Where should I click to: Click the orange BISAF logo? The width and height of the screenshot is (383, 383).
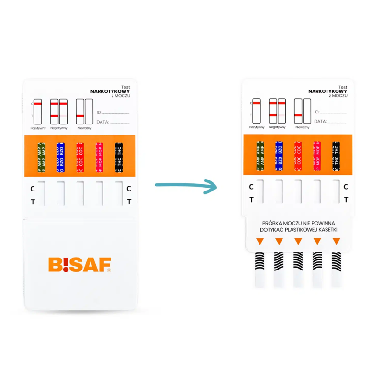click(x=79, y=265)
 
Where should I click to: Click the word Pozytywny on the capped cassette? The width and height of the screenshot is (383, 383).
click(x=38, y=128)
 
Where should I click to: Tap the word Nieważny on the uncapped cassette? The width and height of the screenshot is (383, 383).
click(x=302, y=127)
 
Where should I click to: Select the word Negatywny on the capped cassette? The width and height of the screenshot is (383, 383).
click(x=59, y=128)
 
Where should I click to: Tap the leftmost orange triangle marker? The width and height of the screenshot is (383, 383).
click(x=259, y=242)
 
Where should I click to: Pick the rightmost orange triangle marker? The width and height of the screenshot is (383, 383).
click(x=336, y=242)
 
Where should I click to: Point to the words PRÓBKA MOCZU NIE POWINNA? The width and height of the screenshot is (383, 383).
click(x=298, y=223)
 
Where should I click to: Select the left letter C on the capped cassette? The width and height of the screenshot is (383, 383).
click(x=33, y=188)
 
